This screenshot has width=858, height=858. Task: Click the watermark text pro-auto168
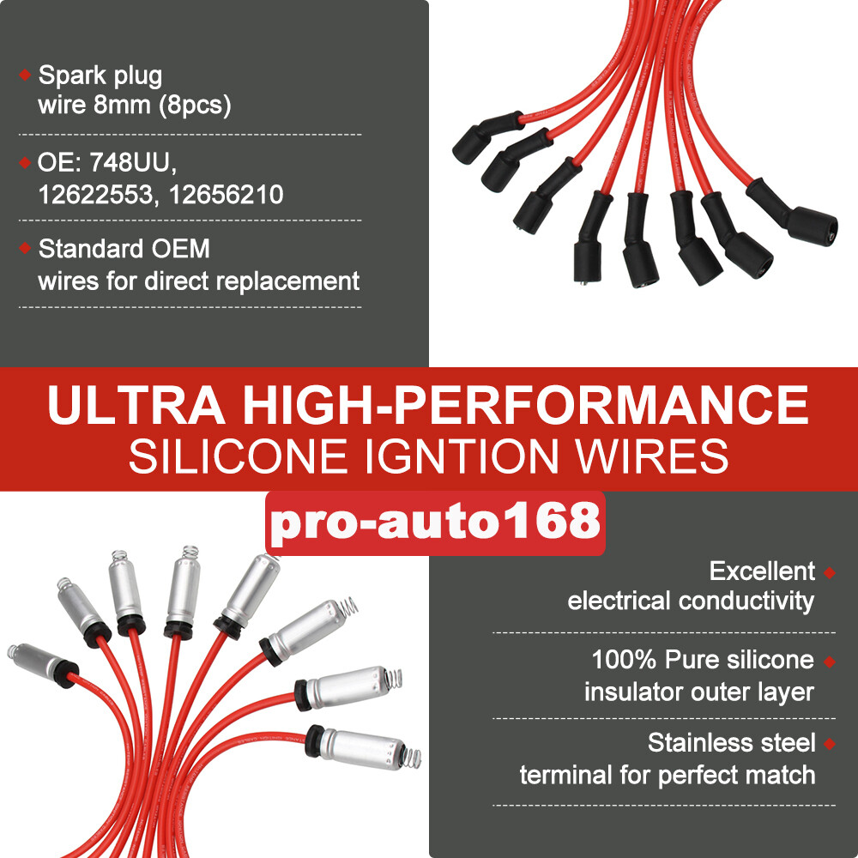tap(436, 522)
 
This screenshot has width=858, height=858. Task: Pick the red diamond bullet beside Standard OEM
tap(25, 250)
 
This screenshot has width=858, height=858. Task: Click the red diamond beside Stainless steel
tap(829, 743)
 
